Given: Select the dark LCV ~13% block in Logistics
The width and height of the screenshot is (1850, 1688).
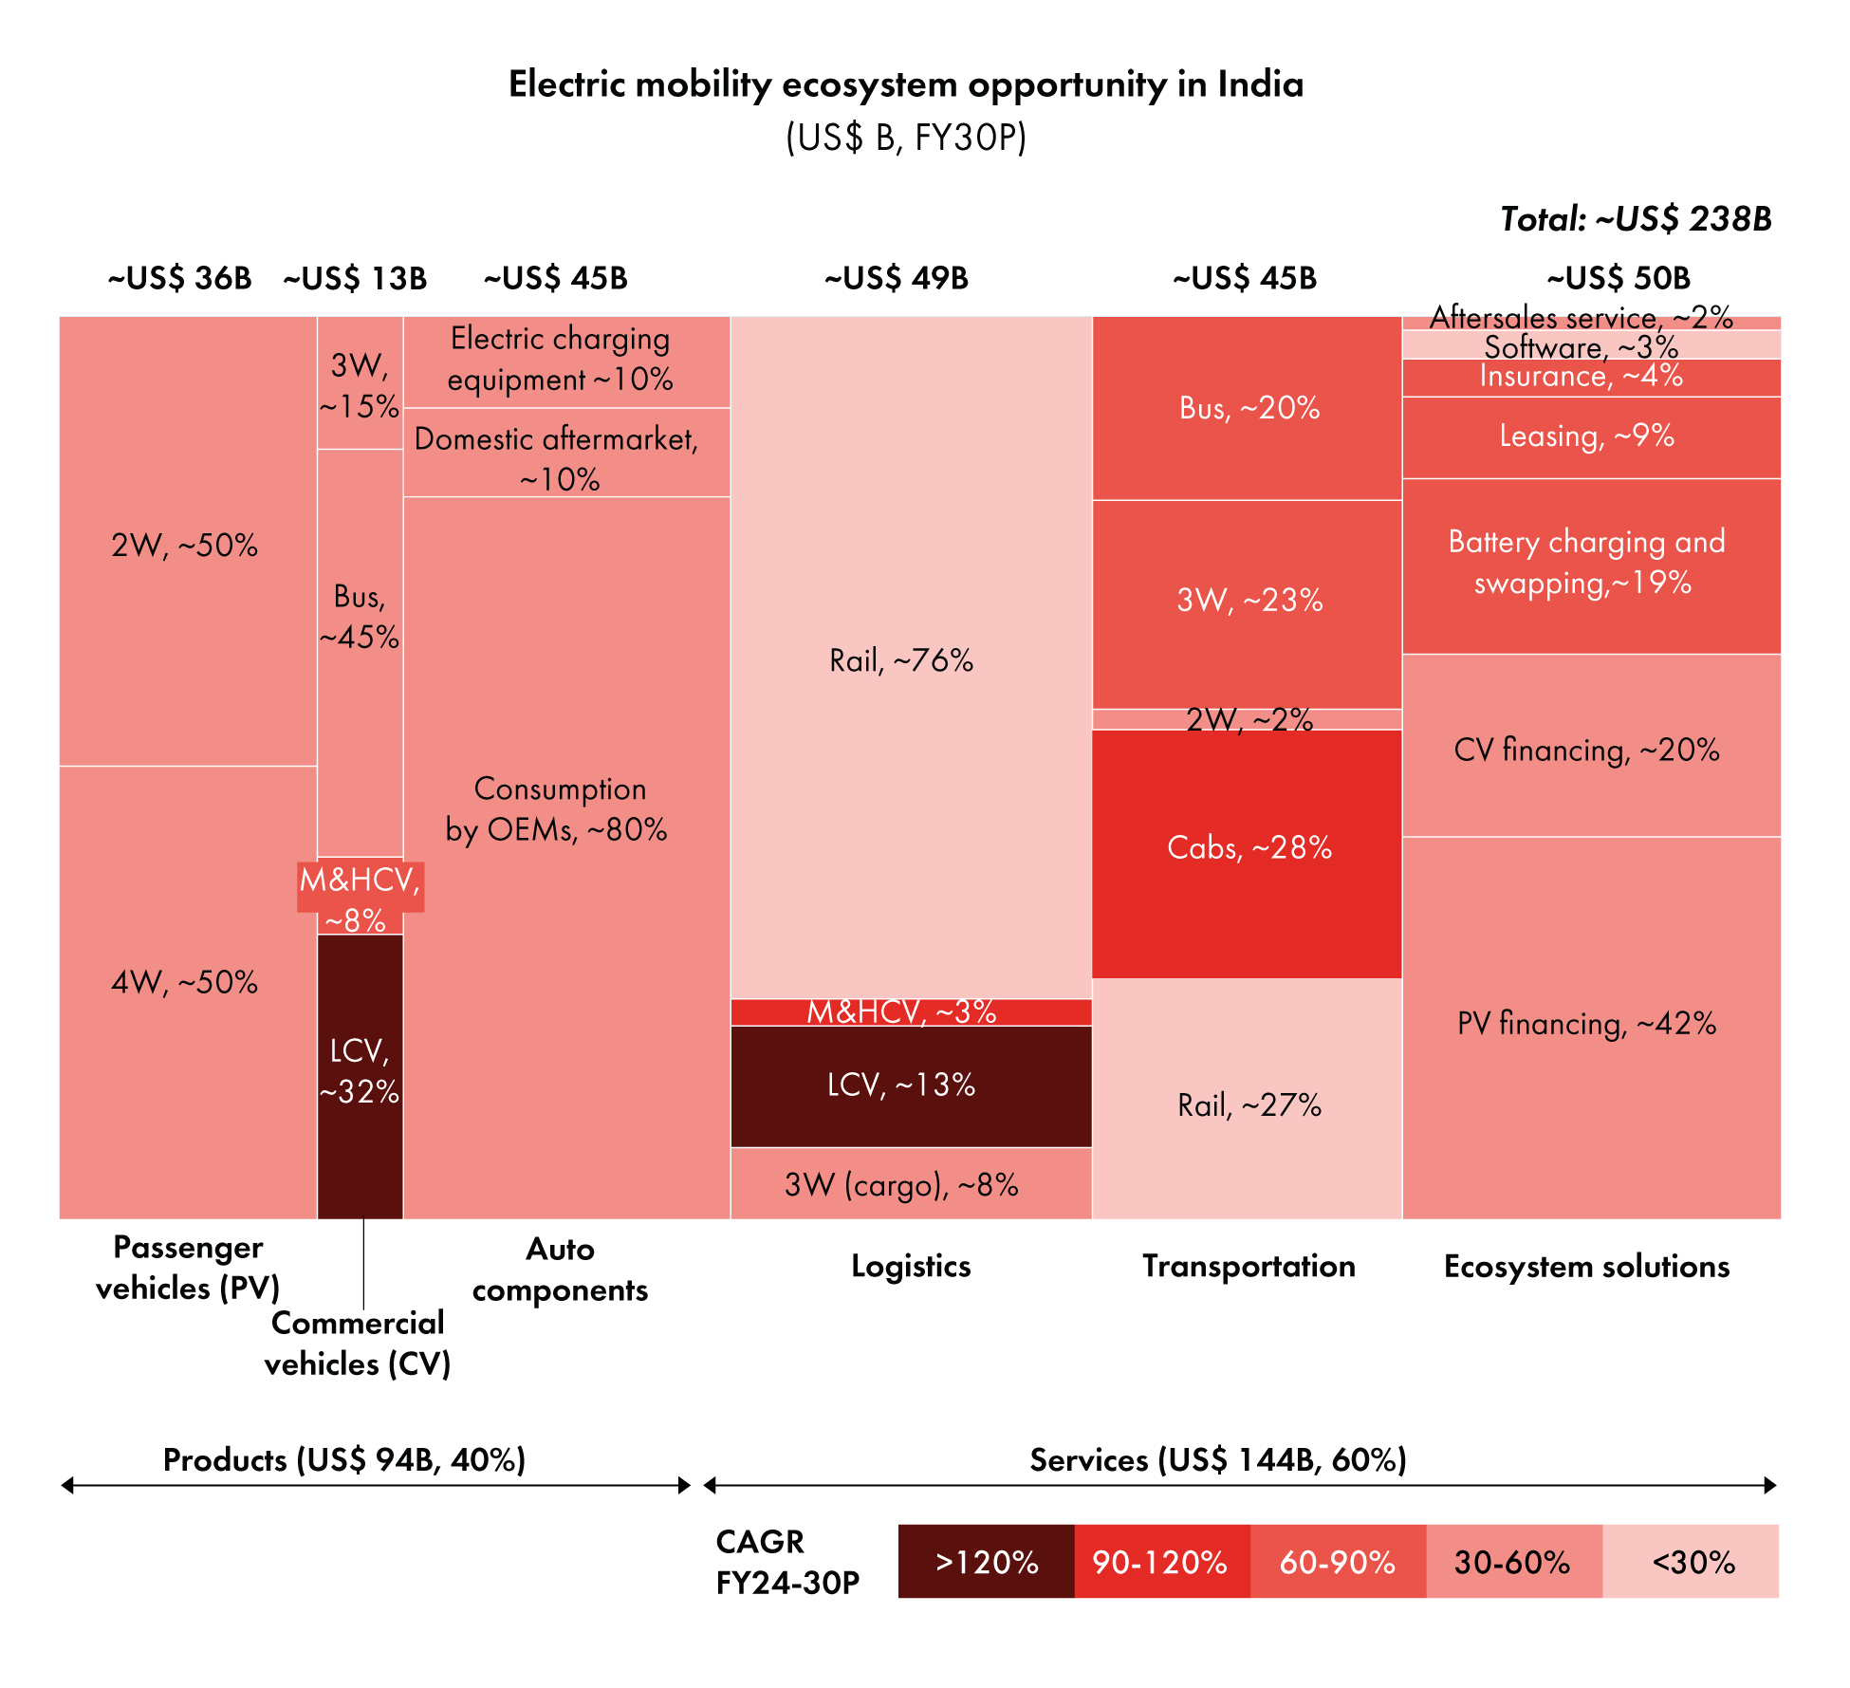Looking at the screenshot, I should pyautogui.click(x=911, y=1085).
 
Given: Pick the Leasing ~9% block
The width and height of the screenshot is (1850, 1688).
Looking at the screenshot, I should pyautogui.click(x=1591, y=436).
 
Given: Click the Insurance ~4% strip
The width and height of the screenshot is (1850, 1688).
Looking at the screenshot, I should pyautogui.click(x=1591, y=378).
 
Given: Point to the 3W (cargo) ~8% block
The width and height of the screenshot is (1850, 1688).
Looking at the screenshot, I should pyautogui.click(x=911, y=1183).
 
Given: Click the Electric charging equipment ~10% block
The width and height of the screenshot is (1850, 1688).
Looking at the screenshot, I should pyautogui.click(x=565, y=361).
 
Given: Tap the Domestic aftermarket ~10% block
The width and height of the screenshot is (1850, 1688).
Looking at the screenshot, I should pyautogui.click(x=565, y=453).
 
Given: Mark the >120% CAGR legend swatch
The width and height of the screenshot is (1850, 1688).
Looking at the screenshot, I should pyautogui.click(x=986, y=1561).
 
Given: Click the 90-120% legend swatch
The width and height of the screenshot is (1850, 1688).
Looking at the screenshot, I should pyautogui.click(x=1161, y=1561).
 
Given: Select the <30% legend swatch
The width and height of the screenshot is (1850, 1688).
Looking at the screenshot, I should pyautogui.click(x=1691, y=1561).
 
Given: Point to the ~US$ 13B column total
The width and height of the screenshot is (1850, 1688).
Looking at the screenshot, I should pyautogui.click(x=355, y=278).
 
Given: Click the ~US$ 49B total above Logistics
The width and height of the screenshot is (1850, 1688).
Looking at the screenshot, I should pyautogui.click(x=896, y=278).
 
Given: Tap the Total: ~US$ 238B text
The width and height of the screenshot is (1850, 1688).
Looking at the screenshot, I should pyautogui.click(x=1636, y=219).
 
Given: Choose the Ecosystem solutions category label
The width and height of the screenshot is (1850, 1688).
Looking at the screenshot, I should pyautogui.click(x=1586, y=1267).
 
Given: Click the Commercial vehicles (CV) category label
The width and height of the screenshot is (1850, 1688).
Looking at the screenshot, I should pyautogui.click(x=358, y=1343).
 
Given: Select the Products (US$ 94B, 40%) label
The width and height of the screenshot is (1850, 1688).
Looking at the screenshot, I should pyautogui.click(x=344, y=1459).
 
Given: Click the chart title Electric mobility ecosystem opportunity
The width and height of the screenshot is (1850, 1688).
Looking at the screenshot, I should pyautogui.click(x=906, y=85).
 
